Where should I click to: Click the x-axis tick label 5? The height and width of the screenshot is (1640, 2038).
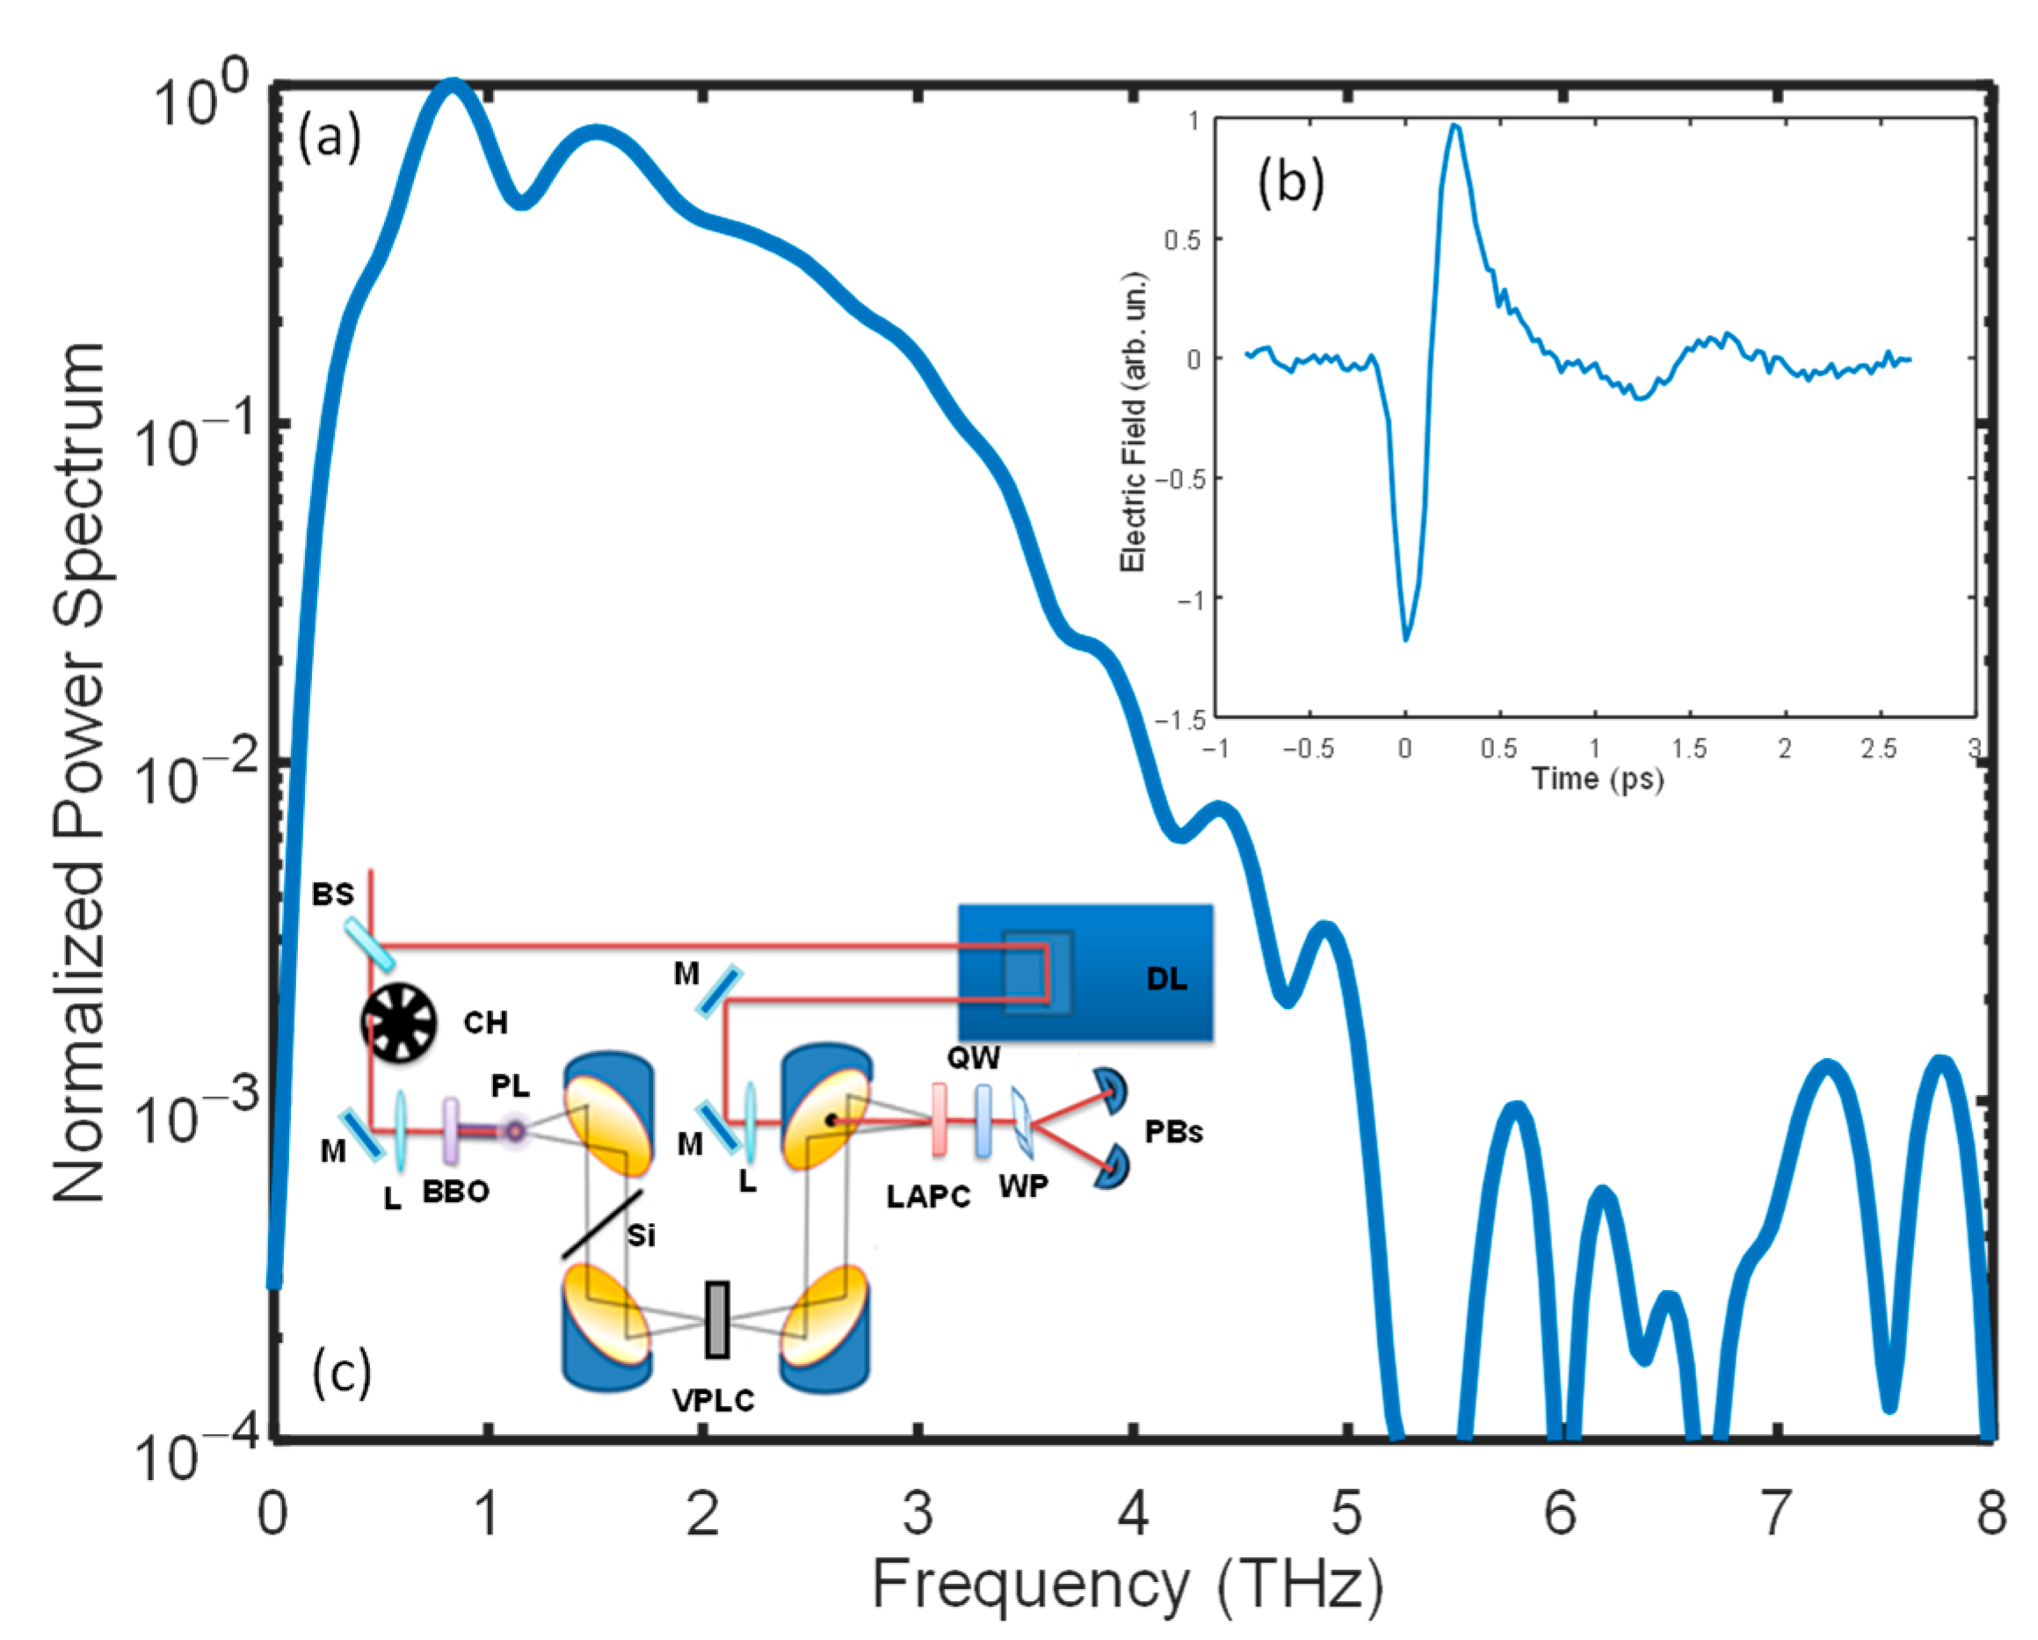click(1347, 1513)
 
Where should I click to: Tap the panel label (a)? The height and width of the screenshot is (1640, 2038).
click(330, 139)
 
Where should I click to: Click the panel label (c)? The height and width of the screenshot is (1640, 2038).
click(342, 1373)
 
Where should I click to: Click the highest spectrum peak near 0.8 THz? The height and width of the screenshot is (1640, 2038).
click(453, 87)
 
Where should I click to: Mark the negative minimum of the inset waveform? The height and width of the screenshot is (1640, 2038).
click(1405, 638)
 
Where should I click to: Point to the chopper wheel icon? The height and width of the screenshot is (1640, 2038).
click(398, 1023)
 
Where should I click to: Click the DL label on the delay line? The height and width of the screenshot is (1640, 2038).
click(1166, 978)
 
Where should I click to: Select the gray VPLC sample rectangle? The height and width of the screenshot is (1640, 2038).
click(717, 1319)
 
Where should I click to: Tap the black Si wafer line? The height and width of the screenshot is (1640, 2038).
click(602, 1224)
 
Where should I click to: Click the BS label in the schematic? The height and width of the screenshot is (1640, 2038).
click(333, 893)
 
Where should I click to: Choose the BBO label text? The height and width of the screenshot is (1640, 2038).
click(455, 1191)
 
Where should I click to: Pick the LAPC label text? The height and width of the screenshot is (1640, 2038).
click(928, 1197)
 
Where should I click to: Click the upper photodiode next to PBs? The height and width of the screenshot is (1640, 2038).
click(1112, 1090)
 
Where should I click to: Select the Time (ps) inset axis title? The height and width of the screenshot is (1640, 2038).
click(1597, 778)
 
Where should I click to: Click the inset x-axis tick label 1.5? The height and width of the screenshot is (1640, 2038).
click(1688, 749)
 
